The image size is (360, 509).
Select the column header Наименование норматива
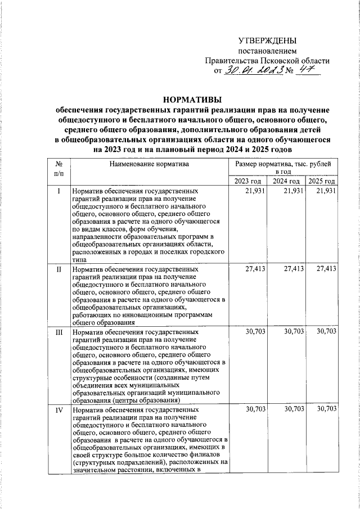click(150, 164)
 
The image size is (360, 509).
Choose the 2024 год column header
click(286, 181)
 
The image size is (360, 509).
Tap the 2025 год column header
click(322, 181)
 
